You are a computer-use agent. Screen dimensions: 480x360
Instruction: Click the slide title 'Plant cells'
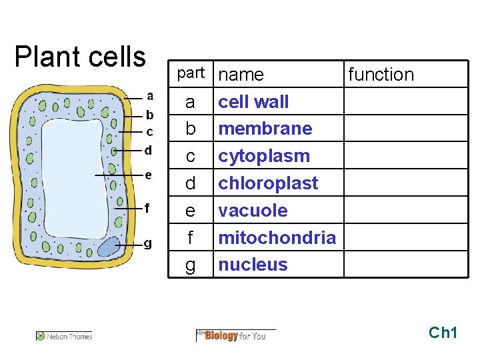coord(80,57)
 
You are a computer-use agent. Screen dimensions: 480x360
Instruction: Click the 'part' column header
coord(190,73)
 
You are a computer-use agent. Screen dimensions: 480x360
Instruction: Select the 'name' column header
coord(241,75)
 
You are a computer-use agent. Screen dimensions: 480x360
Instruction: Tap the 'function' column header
coord(381,75)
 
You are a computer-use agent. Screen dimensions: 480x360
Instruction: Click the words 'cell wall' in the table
coord(253,102)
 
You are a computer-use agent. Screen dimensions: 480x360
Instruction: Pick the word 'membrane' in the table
coord(265,128)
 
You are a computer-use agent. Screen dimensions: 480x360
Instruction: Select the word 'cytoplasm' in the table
coord(264,156)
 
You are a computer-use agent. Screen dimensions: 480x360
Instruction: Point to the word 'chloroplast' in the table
coord(268,183)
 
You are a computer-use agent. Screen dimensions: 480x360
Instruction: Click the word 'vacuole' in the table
coord(253,211)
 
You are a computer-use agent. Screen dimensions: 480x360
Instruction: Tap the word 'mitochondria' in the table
coord(277,237)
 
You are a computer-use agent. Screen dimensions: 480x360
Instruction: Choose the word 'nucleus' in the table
coord(253,265)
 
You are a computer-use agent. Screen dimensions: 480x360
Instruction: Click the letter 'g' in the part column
coord(191,265)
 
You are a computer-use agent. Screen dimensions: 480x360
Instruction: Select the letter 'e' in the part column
coord(191,211)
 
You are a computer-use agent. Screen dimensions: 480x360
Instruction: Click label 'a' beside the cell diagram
coord(150,96)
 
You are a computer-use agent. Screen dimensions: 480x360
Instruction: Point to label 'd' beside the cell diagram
coord(148,150)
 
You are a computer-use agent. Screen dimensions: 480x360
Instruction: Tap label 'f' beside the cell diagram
coord(147,207)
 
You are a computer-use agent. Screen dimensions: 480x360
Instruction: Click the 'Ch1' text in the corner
coord(443,332)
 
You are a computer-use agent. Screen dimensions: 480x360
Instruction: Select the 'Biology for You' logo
coord(235,335)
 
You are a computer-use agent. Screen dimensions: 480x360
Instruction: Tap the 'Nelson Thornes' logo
coord(65,336)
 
